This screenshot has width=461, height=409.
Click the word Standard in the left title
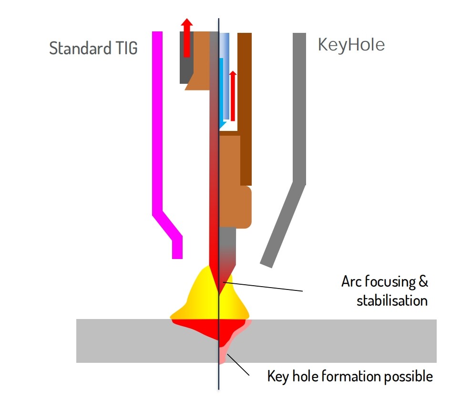[x=80, y=48]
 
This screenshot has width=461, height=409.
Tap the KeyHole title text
[x=351, y=45]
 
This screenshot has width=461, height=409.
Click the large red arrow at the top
[x=187, y=38]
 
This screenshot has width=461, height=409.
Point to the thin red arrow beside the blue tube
[x=233, y=96]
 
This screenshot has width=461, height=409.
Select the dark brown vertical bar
[x=245, y=109]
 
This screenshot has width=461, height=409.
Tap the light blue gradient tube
[x=225, y=76]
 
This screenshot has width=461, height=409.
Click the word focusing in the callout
[x=390, y=281]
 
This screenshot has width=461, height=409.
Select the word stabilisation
[x=392, y=300]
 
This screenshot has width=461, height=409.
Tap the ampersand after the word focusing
[x=423, y=281]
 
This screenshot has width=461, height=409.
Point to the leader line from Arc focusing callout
[x=263, y=287]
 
